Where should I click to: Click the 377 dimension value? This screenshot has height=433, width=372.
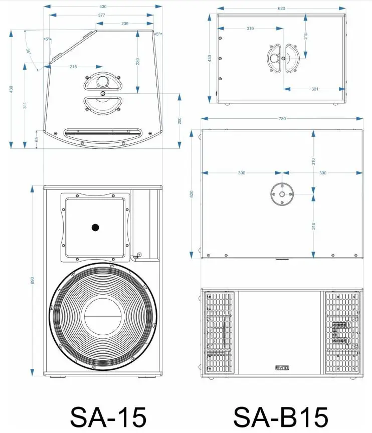point(101,16)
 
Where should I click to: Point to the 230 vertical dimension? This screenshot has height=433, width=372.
point(137,61)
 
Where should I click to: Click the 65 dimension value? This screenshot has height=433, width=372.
point(36,139)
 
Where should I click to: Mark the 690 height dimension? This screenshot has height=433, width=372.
point(33,282)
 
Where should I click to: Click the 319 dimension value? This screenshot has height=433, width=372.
point(250,29)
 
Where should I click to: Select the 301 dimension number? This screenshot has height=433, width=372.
point(314,89)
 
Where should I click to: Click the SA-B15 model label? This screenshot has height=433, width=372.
point(281,415)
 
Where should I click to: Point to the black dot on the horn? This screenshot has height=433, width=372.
point(95,228)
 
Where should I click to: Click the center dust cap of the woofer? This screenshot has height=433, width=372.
point(103,317)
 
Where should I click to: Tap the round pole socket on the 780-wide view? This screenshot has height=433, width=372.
point(282,194)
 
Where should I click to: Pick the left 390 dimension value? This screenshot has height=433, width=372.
point(241,173)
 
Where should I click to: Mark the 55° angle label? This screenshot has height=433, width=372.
point(29,52)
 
